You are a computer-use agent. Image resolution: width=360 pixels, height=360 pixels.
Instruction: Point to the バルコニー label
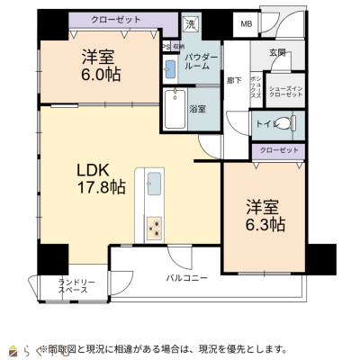click(x=187, y=278)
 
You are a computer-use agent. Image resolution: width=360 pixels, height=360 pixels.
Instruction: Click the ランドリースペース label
click(x=73, y=286)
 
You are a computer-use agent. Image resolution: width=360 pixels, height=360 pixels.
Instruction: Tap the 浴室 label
click(x=197, y=108)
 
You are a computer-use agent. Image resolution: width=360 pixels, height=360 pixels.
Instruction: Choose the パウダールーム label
click(x=201, y=61)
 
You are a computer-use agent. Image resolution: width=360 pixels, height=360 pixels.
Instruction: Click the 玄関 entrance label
click(x=277, y=52)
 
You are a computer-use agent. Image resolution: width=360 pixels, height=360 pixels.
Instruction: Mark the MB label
click(x=245, y=24)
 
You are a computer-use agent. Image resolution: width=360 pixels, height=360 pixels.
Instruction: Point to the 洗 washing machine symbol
click(x=190, y=24)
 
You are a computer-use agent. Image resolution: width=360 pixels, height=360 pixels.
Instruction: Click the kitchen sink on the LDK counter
click(x=154, y=187)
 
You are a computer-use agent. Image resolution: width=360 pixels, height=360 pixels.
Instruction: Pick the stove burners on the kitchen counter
click(x=154, y=226)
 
